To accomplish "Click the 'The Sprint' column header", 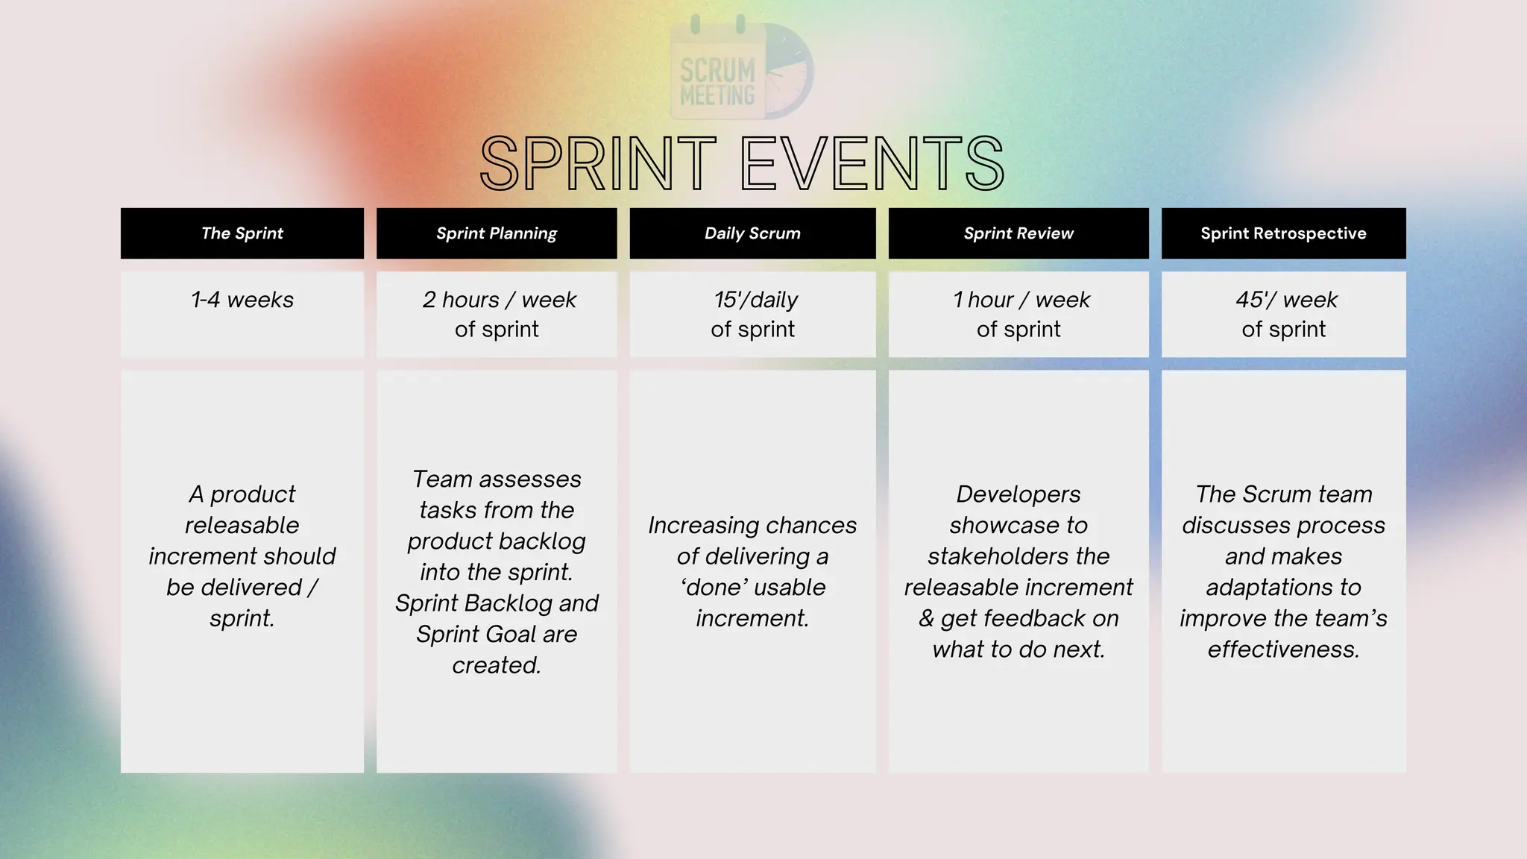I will click(242, 233).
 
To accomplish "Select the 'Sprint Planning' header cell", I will click(497, 233).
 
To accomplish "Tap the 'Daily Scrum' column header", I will click(752, 233).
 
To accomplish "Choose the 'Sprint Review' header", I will click(1018, 233).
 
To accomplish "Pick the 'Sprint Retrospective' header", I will click(1283, 233).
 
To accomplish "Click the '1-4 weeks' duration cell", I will click(242, 300).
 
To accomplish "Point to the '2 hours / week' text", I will click(499, 300).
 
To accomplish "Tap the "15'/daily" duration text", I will click(755, 300).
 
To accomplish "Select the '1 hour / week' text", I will click(1021, 300).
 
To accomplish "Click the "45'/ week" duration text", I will click(1286, 300).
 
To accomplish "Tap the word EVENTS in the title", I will click(873, 164).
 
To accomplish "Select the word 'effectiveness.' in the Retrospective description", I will click(1283, 649).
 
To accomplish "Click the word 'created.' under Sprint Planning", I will click(497, 665).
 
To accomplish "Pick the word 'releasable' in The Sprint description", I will click(242, 525).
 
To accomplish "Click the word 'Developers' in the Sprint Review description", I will click(1018, 494).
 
